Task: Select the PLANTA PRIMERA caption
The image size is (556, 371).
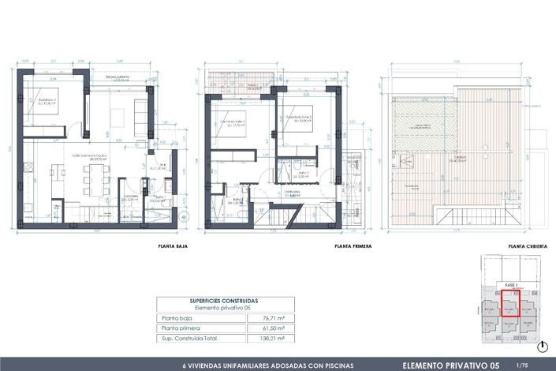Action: coord(353,246)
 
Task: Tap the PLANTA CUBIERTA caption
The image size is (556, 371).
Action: coord(528,246)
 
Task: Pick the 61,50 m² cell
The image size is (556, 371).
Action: coord(273,328)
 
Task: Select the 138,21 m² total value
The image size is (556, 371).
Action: coord(273,338)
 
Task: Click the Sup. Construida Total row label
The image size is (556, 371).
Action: coord(188,338)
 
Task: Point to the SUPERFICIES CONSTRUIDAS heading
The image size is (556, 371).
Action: coord(224,301)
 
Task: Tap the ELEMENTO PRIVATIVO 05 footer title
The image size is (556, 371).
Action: coord(450,365)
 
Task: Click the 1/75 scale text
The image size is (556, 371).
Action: coord(521,365)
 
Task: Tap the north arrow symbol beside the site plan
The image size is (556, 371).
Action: coord(544,346)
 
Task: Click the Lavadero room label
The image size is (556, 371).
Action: coord(130,197)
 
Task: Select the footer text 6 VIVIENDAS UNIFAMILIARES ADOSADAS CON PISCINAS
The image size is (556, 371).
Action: coord(268,365)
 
